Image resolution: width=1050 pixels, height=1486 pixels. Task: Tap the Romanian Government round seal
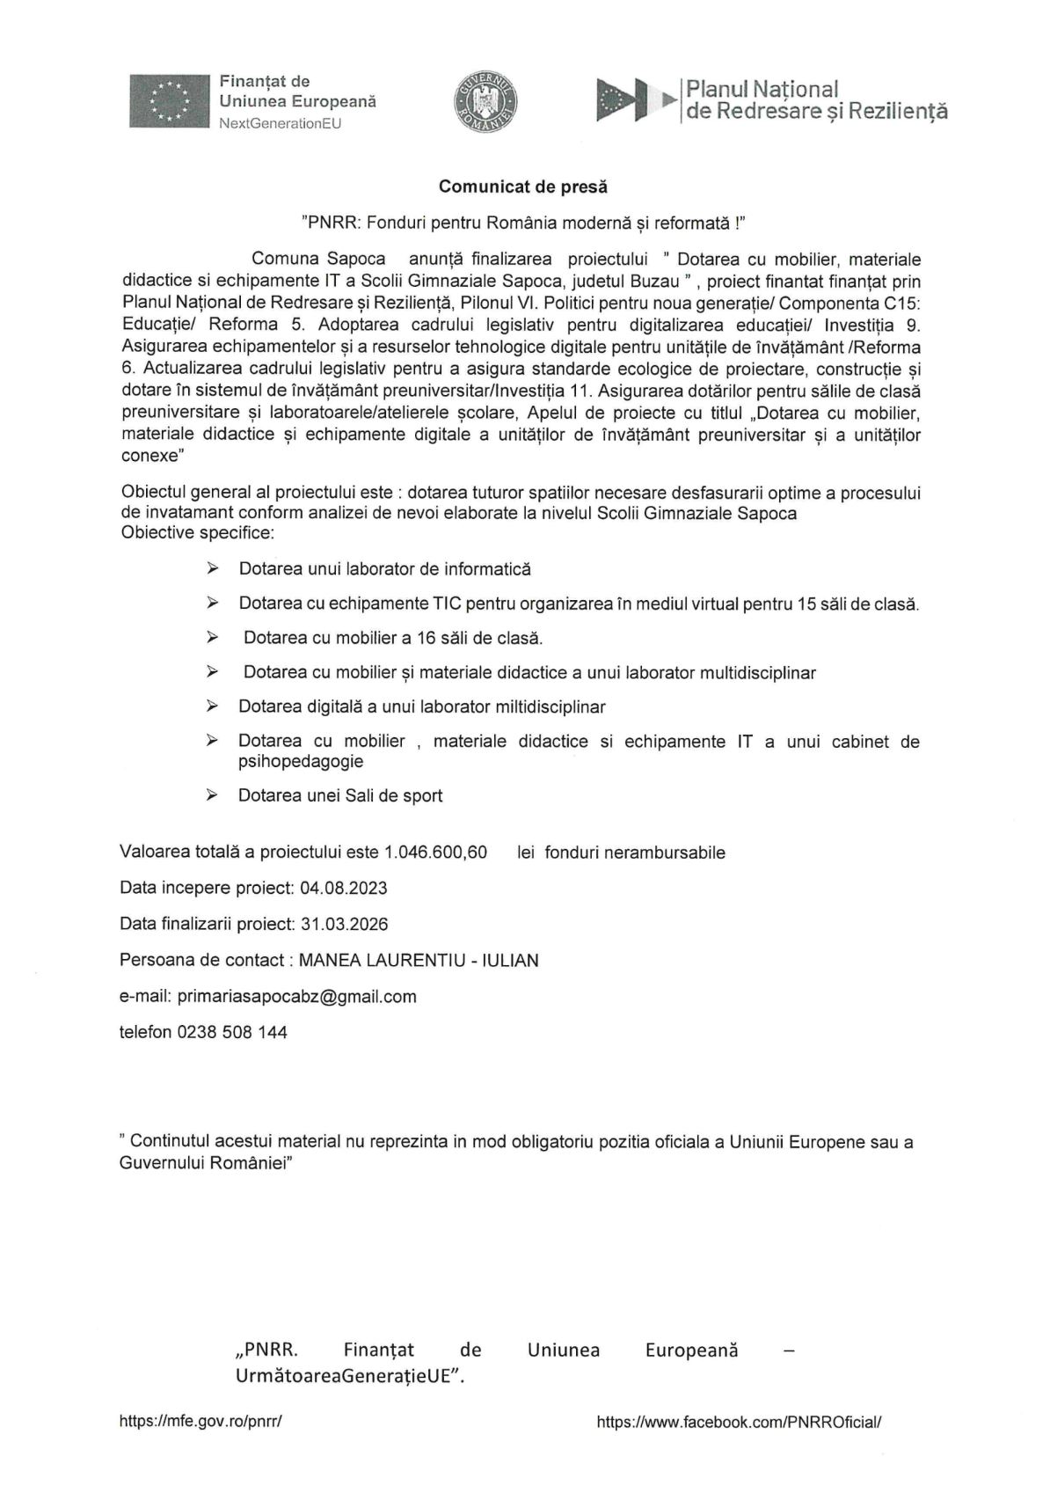[486, 101]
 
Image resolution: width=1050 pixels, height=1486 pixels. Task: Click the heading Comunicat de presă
[523, 187]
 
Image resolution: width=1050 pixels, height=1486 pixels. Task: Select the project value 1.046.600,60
[435, 852]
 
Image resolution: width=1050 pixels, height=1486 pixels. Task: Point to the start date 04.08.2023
[343, 888]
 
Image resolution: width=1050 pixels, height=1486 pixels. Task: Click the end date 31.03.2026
[344, 924]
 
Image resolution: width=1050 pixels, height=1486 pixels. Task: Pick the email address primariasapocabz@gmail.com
[296, 996]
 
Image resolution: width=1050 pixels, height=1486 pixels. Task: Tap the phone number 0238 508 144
[232, 1032]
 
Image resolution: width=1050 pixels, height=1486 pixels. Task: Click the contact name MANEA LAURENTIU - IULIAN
[419, 960]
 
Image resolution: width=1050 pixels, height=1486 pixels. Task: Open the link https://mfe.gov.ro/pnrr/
[200, 1421]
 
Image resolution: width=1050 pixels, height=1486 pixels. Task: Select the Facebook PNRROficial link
[738, 1421]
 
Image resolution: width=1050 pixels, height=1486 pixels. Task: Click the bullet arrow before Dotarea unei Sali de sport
[212, 794]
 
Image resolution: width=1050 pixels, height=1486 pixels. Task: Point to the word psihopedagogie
[301, 761]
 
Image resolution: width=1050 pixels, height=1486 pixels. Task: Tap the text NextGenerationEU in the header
[280, 123]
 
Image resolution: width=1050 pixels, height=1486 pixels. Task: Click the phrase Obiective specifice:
[197, 533]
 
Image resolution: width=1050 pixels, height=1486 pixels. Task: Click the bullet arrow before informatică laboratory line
[212, 569]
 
